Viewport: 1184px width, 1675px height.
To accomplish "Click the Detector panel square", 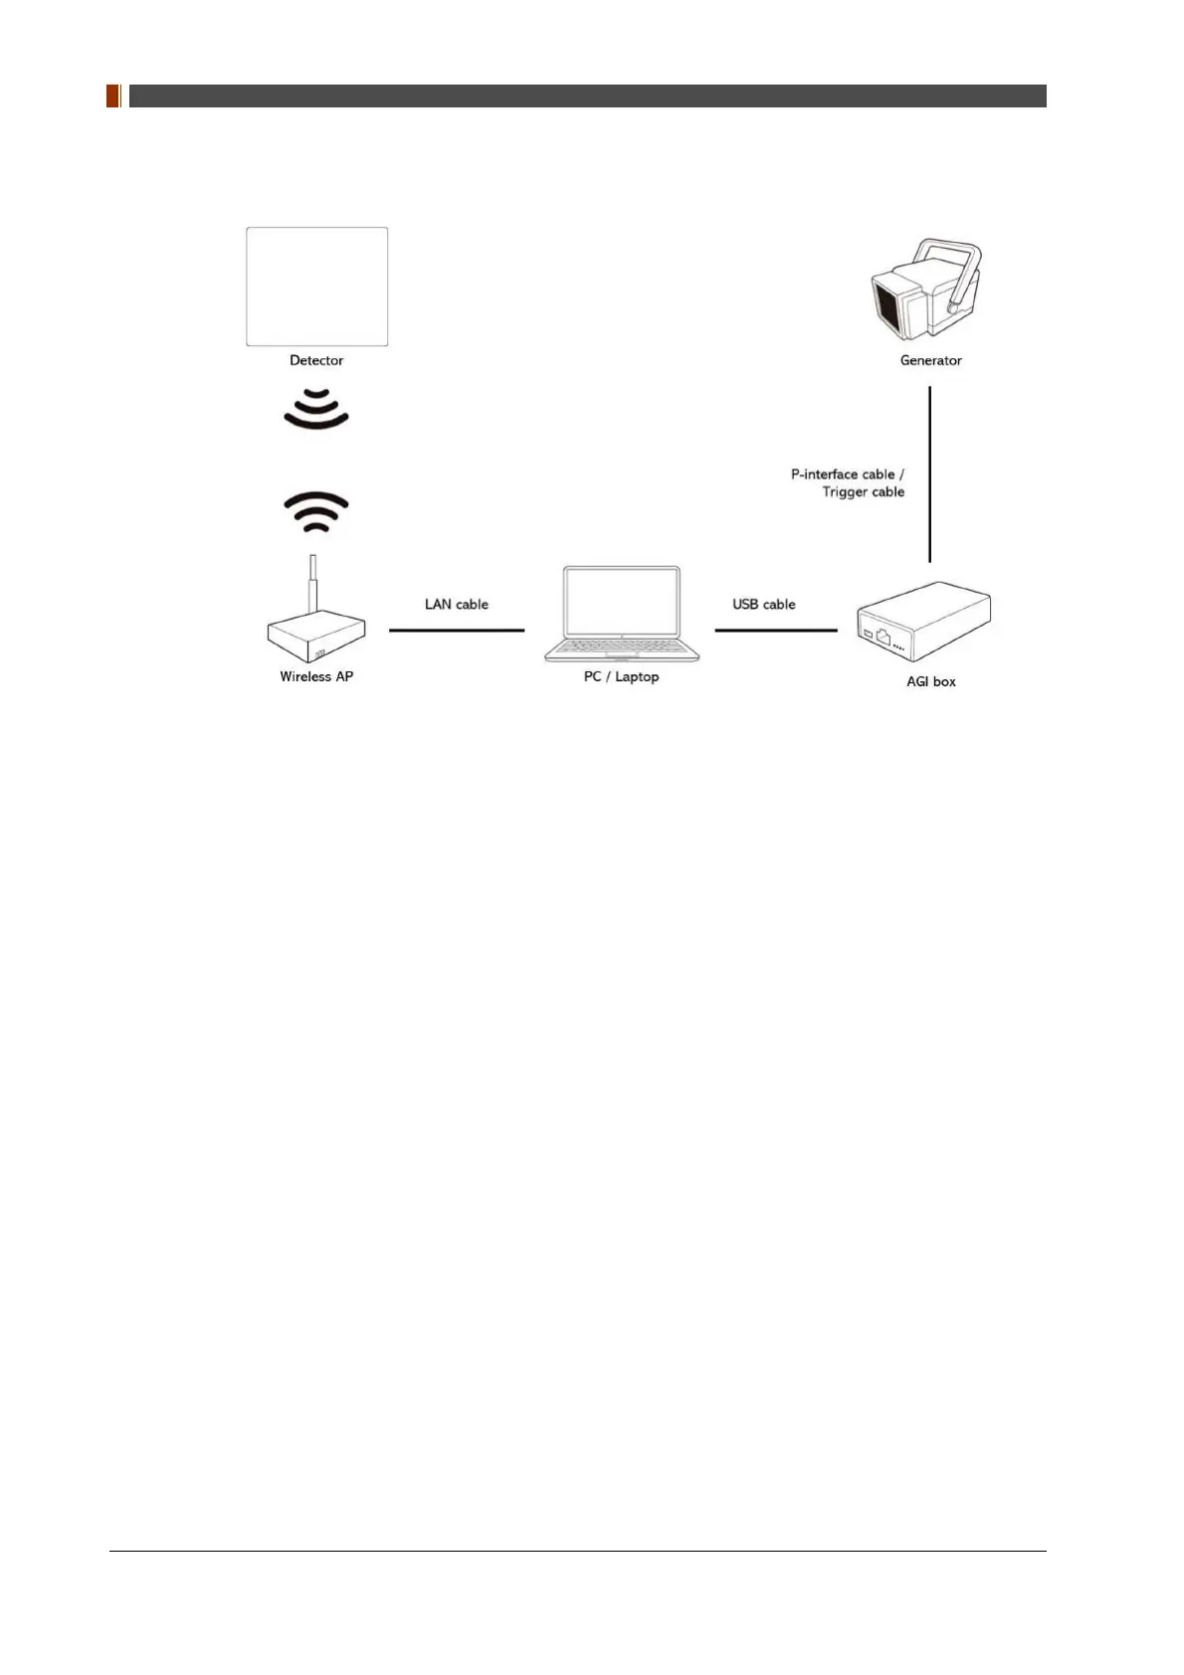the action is [x=316, y=286].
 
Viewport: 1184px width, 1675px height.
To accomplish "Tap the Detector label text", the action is [x=316, y=360].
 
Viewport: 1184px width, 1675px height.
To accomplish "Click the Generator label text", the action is [x=930, y=360].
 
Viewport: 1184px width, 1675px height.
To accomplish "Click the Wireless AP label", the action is [x=316, y=676].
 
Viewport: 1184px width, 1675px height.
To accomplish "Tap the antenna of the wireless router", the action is [x=313, y=583].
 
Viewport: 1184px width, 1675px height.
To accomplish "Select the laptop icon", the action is [x=621, y=614].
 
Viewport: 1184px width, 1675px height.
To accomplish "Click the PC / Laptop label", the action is [x=621, y=676].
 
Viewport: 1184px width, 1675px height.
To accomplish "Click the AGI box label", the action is [x=930, y=681].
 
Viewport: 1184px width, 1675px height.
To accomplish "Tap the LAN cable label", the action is [x=457, y=604].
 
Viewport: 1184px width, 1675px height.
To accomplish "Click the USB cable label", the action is [x=763, y=604].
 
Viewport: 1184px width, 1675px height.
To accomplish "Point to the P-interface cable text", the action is [x=847, y=474].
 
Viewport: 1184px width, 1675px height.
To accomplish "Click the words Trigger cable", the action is [x=863, y=491].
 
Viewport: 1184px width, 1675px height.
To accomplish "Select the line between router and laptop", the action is [x=457, y=630].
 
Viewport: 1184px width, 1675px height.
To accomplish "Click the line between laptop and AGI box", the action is [x=775, y=630].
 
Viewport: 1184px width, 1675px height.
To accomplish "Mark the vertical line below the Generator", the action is [x=929, y=473].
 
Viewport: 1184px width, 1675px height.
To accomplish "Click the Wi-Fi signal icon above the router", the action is [x=316, y=511].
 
